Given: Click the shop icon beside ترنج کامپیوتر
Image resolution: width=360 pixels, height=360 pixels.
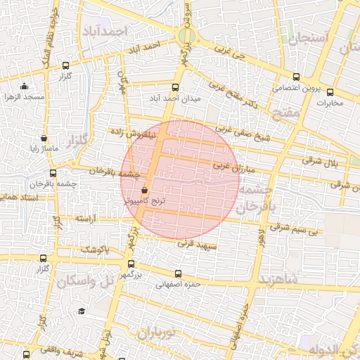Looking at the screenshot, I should point(145,190).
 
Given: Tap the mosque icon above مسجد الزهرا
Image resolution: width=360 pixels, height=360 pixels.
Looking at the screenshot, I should point(25,86).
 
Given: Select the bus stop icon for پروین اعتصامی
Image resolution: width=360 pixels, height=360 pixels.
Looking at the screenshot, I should point(295,77).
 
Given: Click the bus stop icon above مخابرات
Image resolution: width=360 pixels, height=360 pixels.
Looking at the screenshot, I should point(330,92).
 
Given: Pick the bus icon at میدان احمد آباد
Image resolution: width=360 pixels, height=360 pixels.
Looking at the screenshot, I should point(175,88).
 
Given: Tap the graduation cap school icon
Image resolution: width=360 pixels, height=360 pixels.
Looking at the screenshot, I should point(82,311).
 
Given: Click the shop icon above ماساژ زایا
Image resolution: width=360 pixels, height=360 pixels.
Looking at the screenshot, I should point(44,139).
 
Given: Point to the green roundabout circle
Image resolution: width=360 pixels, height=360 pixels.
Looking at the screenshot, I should point(186,36).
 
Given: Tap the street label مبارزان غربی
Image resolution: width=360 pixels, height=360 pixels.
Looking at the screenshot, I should point(232,166).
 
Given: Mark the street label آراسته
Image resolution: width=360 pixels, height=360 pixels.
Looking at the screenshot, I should point(90,219).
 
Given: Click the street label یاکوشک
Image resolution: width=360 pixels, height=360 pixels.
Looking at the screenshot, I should point(95,249).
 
